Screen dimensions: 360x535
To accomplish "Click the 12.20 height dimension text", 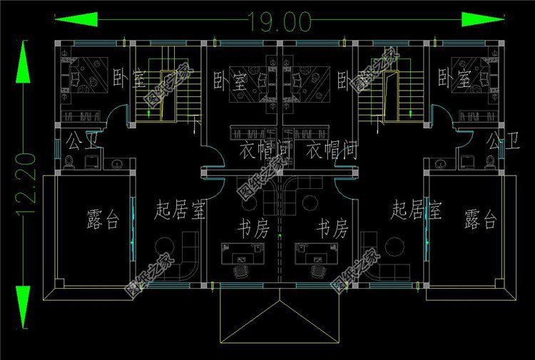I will point(27,187).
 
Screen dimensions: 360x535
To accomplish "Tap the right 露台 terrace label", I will point(479,218).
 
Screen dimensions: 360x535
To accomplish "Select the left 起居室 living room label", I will point(180,210).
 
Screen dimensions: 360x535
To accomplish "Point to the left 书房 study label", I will point(253,230).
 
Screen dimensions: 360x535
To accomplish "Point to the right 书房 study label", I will point(332,230).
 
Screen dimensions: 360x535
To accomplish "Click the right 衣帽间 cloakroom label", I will point(331,150).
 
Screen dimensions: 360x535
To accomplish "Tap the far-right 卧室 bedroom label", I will point(454,76).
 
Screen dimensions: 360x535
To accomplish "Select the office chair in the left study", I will point(240,271).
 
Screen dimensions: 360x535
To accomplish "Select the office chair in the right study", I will point(318,271).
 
